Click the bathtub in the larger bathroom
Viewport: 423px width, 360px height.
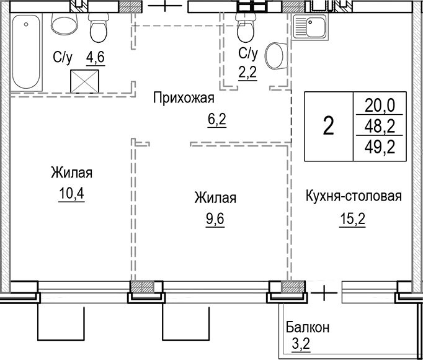[x=27, y=53]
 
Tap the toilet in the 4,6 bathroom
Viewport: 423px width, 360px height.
[x=99, y=28]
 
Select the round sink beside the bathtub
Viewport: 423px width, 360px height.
[x=62, y=25]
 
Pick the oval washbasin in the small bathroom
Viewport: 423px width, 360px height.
[x=274, y=56]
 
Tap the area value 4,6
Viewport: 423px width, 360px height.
[x=95, y=58]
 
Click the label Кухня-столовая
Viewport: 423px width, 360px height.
[x=354, y=197]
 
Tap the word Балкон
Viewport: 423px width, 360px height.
[x=308, y=327]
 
